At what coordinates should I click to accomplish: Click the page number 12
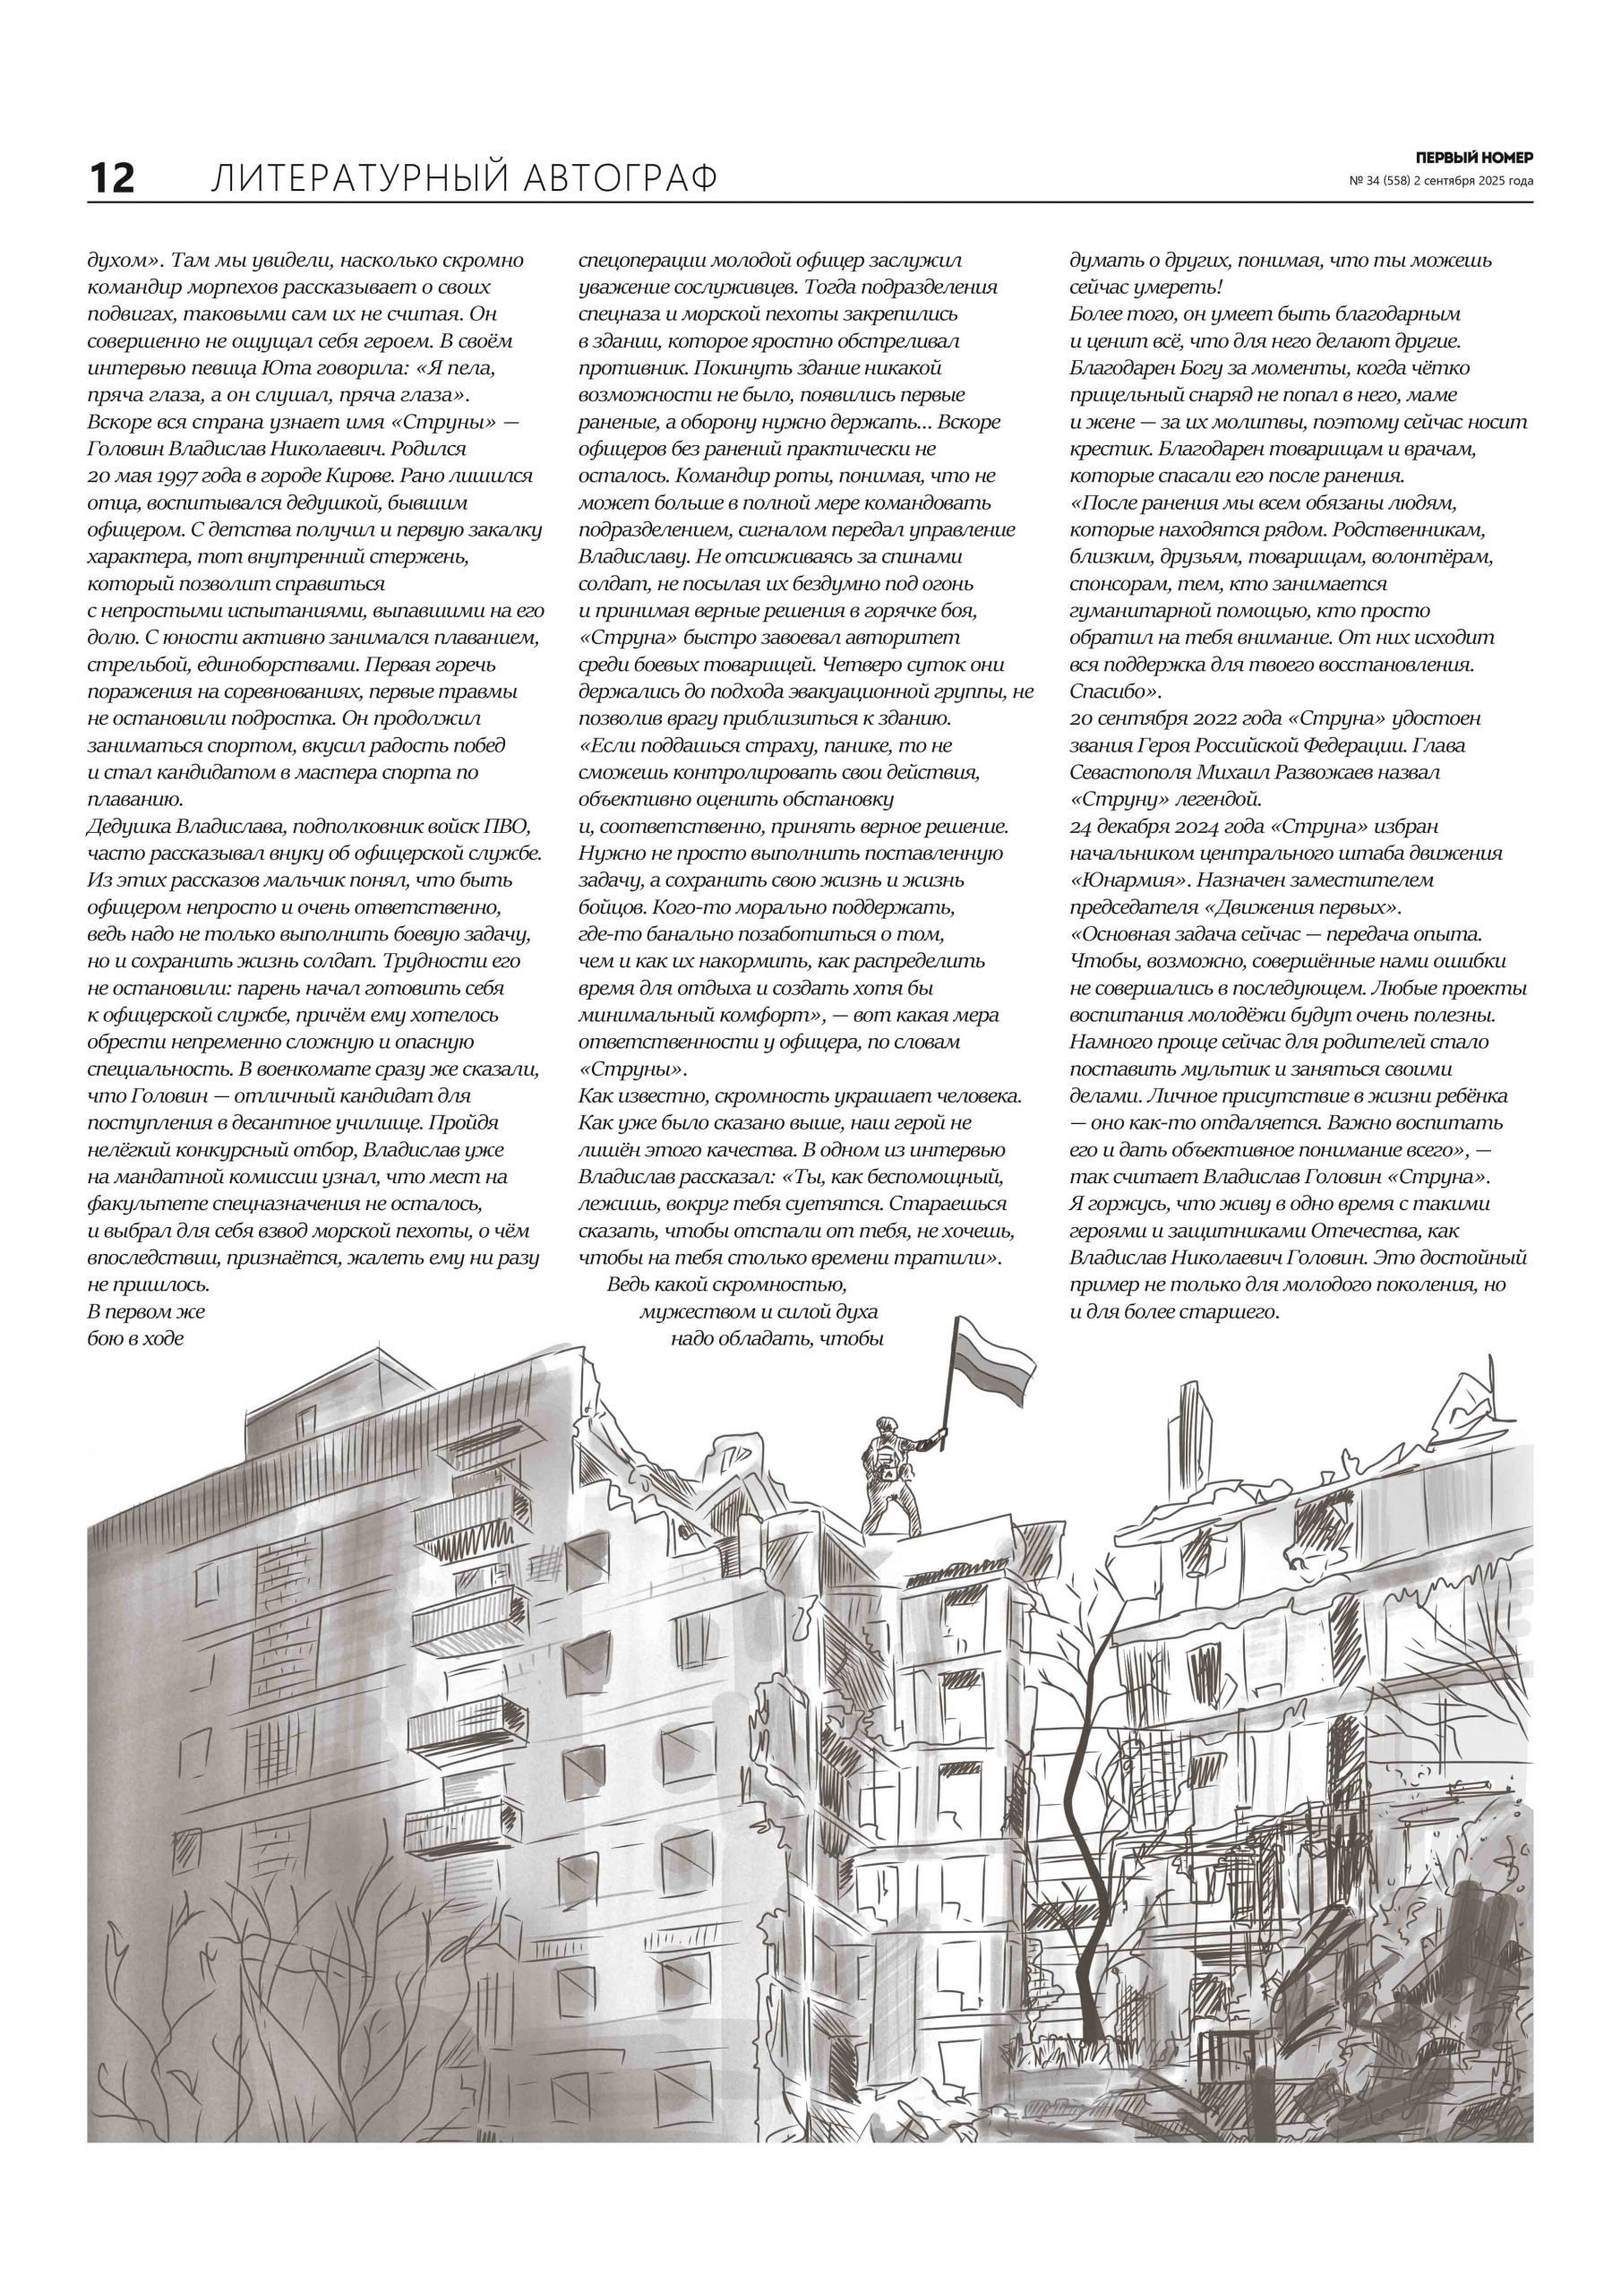[x=112, y=179]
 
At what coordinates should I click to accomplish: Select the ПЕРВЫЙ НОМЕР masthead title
[x=1474, y=157]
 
